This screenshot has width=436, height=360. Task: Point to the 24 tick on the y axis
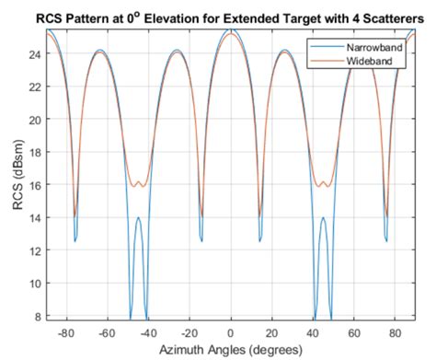tap(35, 53)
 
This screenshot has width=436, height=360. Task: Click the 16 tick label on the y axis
tap(35, 185)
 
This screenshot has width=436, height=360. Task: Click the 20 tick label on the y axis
tap(35, 120)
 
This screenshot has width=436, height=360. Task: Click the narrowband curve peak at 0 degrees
tap(232, 30)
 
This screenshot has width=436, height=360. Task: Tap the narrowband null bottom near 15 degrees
tap(260, 241)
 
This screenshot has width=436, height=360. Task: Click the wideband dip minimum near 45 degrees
tap(325, 187)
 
